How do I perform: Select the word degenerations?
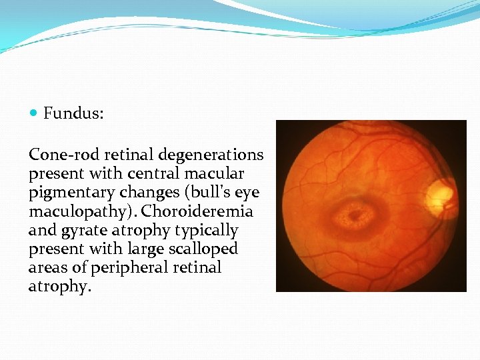click(x=211, y=155)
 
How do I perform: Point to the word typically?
click(x=208, y=231)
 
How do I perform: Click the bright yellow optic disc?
click(x=439, y=192)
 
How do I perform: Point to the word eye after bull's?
click(x=246, y=193)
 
